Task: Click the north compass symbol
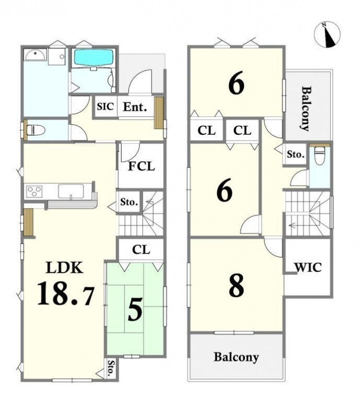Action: pyautogui.click(x=327, y=35)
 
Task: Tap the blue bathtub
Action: pyautogui.click(x=93, y=57)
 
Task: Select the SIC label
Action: pyautogui.click(x=105, y=106)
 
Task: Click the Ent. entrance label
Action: pyautogui.click(x=135, y=107)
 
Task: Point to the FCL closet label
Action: pyautogui.click(x=141, y=167)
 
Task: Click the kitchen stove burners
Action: pyautogui.click(x=35, y=191)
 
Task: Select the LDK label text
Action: pyautogui.click(x=64, y=268)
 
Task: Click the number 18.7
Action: pyautogui.click(x=66, y=294)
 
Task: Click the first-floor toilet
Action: pyautogui.click(x=36, y=130)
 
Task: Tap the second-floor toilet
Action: pyautogui.click(x=319, y=156)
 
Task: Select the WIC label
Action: pyautogui.click(x=308, y=267)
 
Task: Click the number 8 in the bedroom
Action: pyautogui.click(x=236, y=286)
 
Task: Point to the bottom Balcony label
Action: pyautogui.click(x=236, y=357)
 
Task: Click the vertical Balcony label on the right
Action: pyautogui.click(x=306, y=109)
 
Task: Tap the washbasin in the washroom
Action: pyautogui.click(x=35, y=55)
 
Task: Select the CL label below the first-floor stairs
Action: pyautogui.click(x=141, y=250)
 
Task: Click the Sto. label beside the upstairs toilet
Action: pyautogui.click(x=296, y=154)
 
